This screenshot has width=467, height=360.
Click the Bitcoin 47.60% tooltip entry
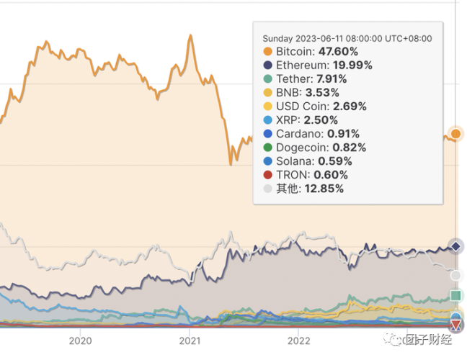(316, 52)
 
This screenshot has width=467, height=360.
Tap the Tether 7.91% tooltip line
(311, 79)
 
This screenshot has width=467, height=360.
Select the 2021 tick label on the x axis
(189, 341)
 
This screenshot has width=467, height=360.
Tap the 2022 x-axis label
(298, 341)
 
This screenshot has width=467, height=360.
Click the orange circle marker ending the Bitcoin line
(455, 133)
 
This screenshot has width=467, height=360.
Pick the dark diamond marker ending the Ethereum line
(455, 247)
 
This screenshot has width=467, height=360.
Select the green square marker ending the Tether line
(455, 296)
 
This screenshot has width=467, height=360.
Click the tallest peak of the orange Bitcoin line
(190, 35)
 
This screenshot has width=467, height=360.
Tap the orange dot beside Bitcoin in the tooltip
(268, 52)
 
